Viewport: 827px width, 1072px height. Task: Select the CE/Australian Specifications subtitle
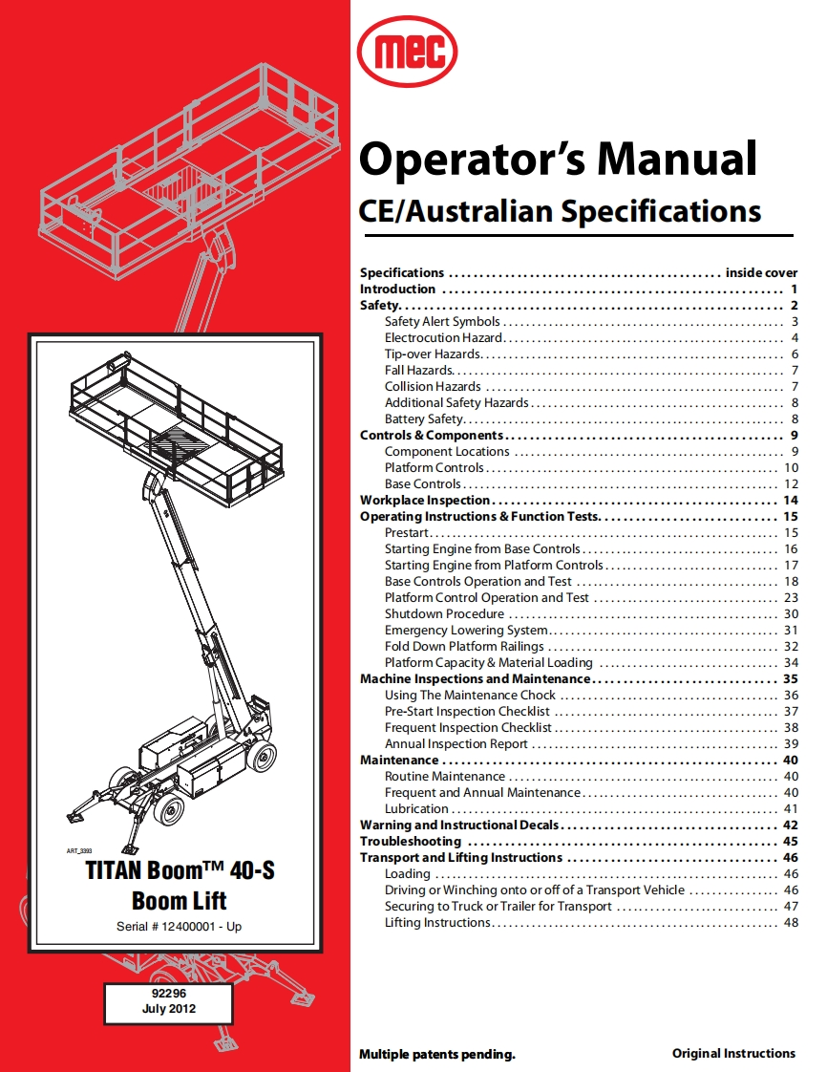(x=560, y=210)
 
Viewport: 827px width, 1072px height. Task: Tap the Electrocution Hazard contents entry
(x=443, y=338)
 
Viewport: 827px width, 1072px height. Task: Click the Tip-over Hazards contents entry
(x=433, y=354)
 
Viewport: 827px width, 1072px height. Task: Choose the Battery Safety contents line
(x=424, y=419)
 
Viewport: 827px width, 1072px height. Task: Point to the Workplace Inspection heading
(x=425, y=501)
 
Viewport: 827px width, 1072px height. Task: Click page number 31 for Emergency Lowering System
(x=791, y=631)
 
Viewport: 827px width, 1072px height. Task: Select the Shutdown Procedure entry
(x=444, y=614)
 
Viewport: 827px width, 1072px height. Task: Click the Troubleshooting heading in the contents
(x=410, y=842)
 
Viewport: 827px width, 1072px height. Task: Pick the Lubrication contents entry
(x=416, y=809)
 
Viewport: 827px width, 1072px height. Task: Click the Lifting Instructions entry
(x=437, y=923)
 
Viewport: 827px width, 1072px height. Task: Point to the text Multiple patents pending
(x=437, y=1055)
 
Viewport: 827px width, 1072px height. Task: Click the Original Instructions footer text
(x=733, y=1054)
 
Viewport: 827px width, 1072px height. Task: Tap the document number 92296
(x=167, y=994)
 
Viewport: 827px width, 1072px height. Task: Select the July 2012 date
(x=167, y=1009)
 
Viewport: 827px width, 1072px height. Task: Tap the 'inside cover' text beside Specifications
(x=761, y=273)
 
